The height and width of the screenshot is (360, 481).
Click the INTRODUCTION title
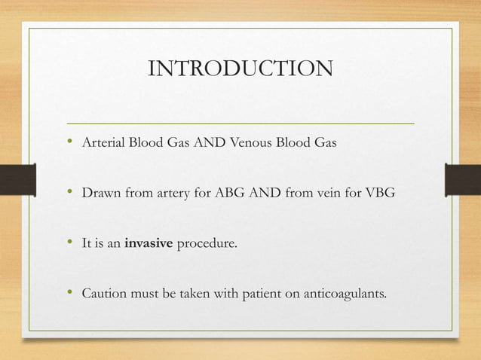click(240, 69)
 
